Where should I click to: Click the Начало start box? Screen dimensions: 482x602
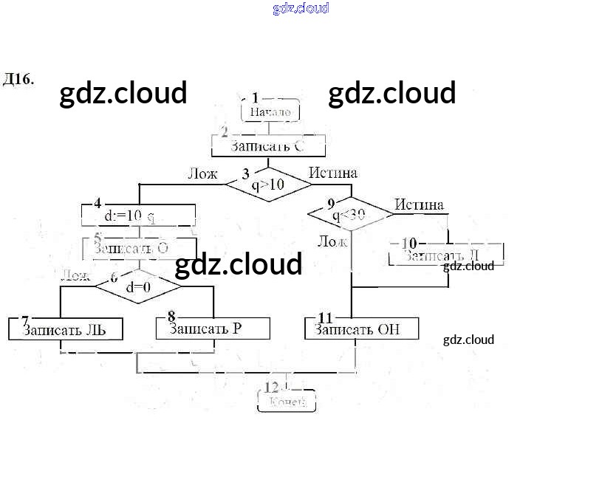click(270, 111)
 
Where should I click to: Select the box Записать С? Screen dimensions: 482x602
click(268, 146)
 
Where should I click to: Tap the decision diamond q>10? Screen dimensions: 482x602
click(268, 185)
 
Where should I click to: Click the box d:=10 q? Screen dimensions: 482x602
click(138, 216)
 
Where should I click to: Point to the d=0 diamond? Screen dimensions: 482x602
click(138, 287)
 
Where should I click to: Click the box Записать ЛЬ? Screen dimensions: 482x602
click(65, 329)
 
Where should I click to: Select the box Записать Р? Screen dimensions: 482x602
click(213, 328)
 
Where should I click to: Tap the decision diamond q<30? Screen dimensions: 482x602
click(350, 215)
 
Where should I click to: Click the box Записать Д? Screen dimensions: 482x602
click(446, 255)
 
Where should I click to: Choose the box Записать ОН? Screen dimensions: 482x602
click(361, 329)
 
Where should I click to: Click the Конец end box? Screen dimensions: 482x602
click(287, 402)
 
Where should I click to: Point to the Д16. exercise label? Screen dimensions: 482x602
click(18, 79)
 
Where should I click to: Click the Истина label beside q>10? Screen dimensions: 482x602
click(333, 173)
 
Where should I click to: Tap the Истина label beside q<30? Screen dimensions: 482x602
click(419, 204)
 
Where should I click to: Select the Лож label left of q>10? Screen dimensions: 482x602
click(202, 173)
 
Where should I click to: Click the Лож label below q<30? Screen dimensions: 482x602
click(332, 241)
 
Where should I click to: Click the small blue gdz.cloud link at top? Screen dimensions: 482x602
click(301, 8)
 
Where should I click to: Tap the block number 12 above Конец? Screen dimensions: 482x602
click(272, 387)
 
